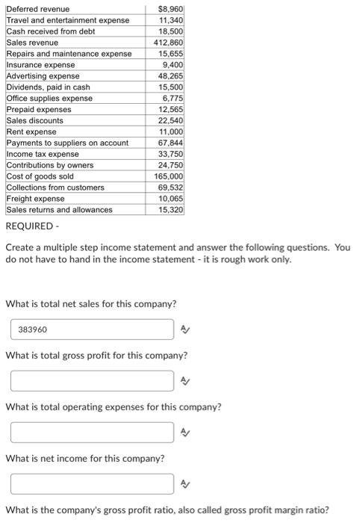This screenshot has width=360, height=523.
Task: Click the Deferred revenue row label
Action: click(38, 9)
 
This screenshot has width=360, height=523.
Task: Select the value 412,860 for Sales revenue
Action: click(168, 43)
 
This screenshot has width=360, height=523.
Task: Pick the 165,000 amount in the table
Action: click(168, 176)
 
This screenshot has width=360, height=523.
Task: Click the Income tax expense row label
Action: click(43, 154)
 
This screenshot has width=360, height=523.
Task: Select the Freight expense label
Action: click(35, 199)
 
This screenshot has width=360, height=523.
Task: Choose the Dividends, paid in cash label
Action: click(48, 87)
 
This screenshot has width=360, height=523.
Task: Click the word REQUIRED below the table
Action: click(29, 226)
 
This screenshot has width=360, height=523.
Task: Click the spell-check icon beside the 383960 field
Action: click(185, 329)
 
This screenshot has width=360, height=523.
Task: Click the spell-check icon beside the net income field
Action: click(185, 483)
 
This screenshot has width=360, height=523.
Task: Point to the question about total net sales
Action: click(90, 303)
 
